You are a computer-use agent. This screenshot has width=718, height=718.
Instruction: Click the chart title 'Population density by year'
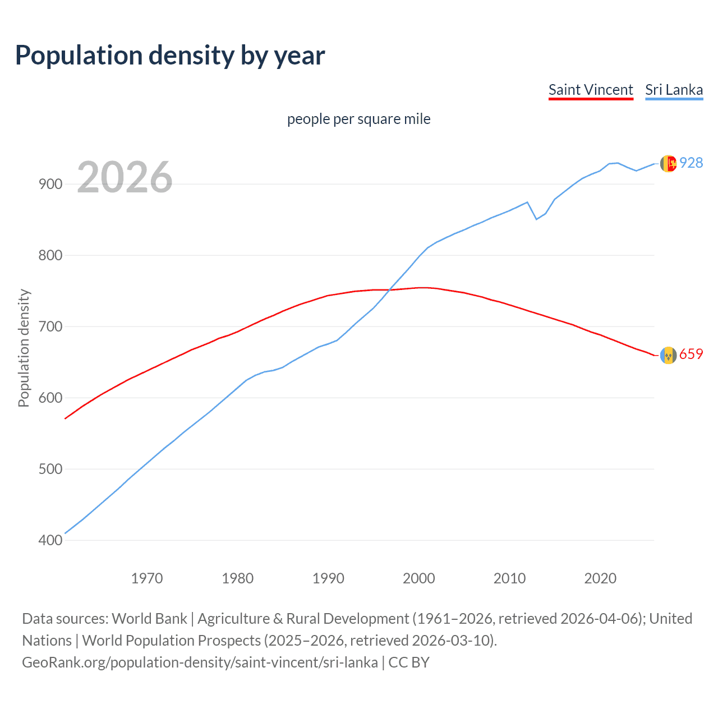(x=170, y=56)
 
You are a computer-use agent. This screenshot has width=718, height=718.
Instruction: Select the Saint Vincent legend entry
(x=591, y=90)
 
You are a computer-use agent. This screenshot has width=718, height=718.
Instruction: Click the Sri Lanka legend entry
(x=674, y=90)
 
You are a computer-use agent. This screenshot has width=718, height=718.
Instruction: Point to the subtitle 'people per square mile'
(x=358, y=119)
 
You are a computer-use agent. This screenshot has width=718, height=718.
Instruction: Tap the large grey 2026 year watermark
(x=125, y=177)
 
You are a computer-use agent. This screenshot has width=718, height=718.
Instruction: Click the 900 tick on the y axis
(x=50, y=184)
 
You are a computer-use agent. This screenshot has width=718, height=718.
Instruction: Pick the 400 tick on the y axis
(x=50, y=540)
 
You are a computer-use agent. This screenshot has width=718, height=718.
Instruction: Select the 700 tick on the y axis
(x=50, y=326)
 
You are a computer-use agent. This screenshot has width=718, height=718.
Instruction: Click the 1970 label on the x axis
(x=147, y=578)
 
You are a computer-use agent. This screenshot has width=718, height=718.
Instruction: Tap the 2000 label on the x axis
(x=419, y=578)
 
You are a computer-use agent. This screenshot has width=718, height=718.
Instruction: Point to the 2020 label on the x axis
(x=600, y=578)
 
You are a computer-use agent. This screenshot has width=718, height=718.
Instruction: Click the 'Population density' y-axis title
(x=24, y=348)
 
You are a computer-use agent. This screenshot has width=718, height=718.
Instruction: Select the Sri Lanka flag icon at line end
(x=668, y=163)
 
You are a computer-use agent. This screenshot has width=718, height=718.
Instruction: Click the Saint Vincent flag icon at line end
(x=668, y=355)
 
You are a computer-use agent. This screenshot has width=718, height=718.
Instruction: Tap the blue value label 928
(x=691, y=163)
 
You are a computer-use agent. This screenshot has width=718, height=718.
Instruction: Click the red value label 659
(x=691, y=355)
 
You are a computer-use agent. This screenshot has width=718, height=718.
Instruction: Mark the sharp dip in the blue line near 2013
(x=536, y=219)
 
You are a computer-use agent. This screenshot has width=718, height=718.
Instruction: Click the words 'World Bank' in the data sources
(x=149, y=619)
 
